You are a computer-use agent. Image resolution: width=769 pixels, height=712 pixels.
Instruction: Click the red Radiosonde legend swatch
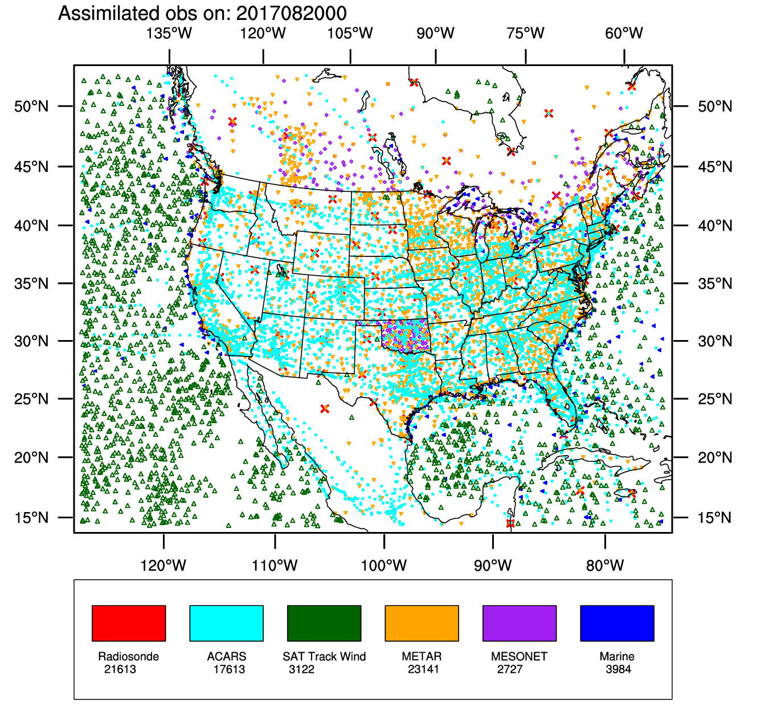(129, 623)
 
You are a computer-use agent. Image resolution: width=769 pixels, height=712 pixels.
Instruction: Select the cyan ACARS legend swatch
(226, 623)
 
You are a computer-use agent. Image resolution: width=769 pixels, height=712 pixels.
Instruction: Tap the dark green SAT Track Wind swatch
(324, 623)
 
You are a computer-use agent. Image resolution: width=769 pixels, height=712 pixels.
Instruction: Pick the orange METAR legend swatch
(422, 623)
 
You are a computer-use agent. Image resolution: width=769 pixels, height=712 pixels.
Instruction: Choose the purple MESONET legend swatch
(520, 623)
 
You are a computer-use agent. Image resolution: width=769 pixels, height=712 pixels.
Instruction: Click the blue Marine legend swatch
(617, 623)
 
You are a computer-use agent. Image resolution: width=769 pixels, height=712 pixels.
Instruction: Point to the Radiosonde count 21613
(120, 669)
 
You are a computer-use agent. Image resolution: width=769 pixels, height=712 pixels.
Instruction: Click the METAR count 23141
(423, 669)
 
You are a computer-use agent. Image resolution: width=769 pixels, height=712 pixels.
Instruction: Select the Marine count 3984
(619, 669)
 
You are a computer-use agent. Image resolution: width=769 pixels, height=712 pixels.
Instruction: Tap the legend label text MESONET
(519, 657)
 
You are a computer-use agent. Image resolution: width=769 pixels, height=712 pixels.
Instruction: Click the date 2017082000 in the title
(291, 14)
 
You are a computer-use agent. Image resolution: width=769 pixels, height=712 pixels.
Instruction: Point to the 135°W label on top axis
(169, 34)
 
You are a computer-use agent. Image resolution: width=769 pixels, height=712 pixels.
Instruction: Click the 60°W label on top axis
(624, 34)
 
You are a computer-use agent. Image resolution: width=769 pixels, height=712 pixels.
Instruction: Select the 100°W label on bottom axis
(384, 566)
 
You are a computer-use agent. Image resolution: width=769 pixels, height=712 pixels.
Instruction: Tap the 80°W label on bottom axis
(605, 566)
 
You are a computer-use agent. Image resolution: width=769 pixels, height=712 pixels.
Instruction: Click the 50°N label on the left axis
(32, 107)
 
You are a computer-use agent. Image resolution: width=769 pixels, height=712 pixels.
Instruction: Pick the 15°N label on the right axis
(715, 518)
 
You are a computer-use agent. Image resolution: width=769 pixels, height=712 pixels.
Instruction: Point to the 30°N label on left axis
(32, 341)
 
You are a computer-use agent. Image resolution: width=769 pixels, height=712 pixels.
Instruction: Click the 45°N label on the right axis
(715, 167)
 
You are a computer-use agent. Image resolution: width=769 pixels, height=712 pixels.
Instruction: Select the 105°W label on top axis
(350, 34)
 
